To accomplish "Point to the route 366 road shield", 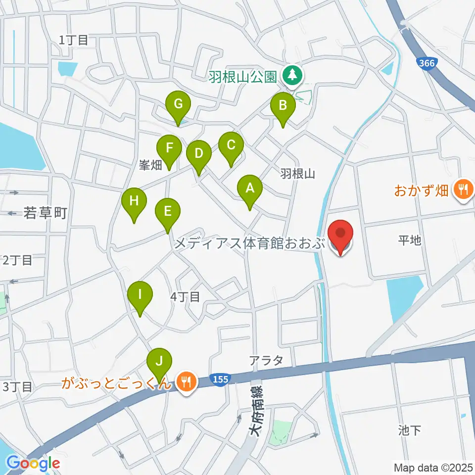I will pos(426,63).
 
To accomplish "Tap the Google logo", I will pos(33,464).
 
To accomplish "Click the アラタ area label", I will pos(267,360).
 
